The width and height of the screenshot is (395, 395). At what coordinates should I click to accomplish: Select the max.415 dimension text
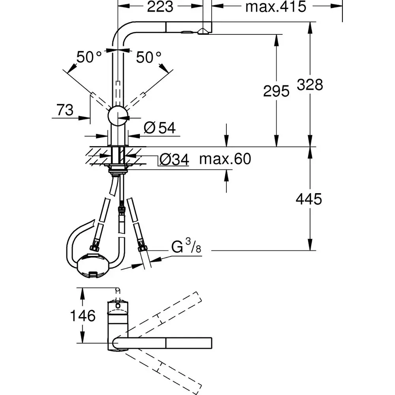275,7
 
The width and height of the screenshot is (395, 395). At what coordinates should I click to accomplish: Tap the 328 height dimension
310,85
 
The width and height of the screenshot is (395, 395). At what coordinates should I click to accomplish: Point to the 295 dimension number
276,91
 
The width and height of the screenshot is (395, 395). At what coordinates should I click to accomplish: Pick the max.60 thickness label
225,159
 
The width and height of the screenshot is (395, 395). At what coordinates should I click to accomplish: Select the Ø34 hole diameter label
173,160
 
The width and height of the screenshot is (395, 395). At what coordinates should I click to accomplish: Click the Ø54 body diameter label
160,128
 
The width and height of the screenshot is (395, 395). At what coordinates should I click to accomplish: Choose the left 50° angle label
89,58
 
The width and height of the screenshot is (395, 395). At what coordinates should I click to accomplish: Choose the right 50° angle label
149,58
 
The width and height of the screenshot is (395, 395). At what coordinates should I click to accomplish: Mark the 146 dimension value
83,316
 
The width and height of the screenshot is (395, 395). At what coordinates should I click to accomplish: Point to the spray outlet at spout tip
204,33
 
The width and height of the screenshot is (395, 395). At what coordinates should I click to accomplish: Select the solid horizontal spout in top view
166,343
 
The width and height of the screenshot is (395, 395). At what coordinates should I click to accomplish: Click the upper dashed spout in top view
162,316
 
